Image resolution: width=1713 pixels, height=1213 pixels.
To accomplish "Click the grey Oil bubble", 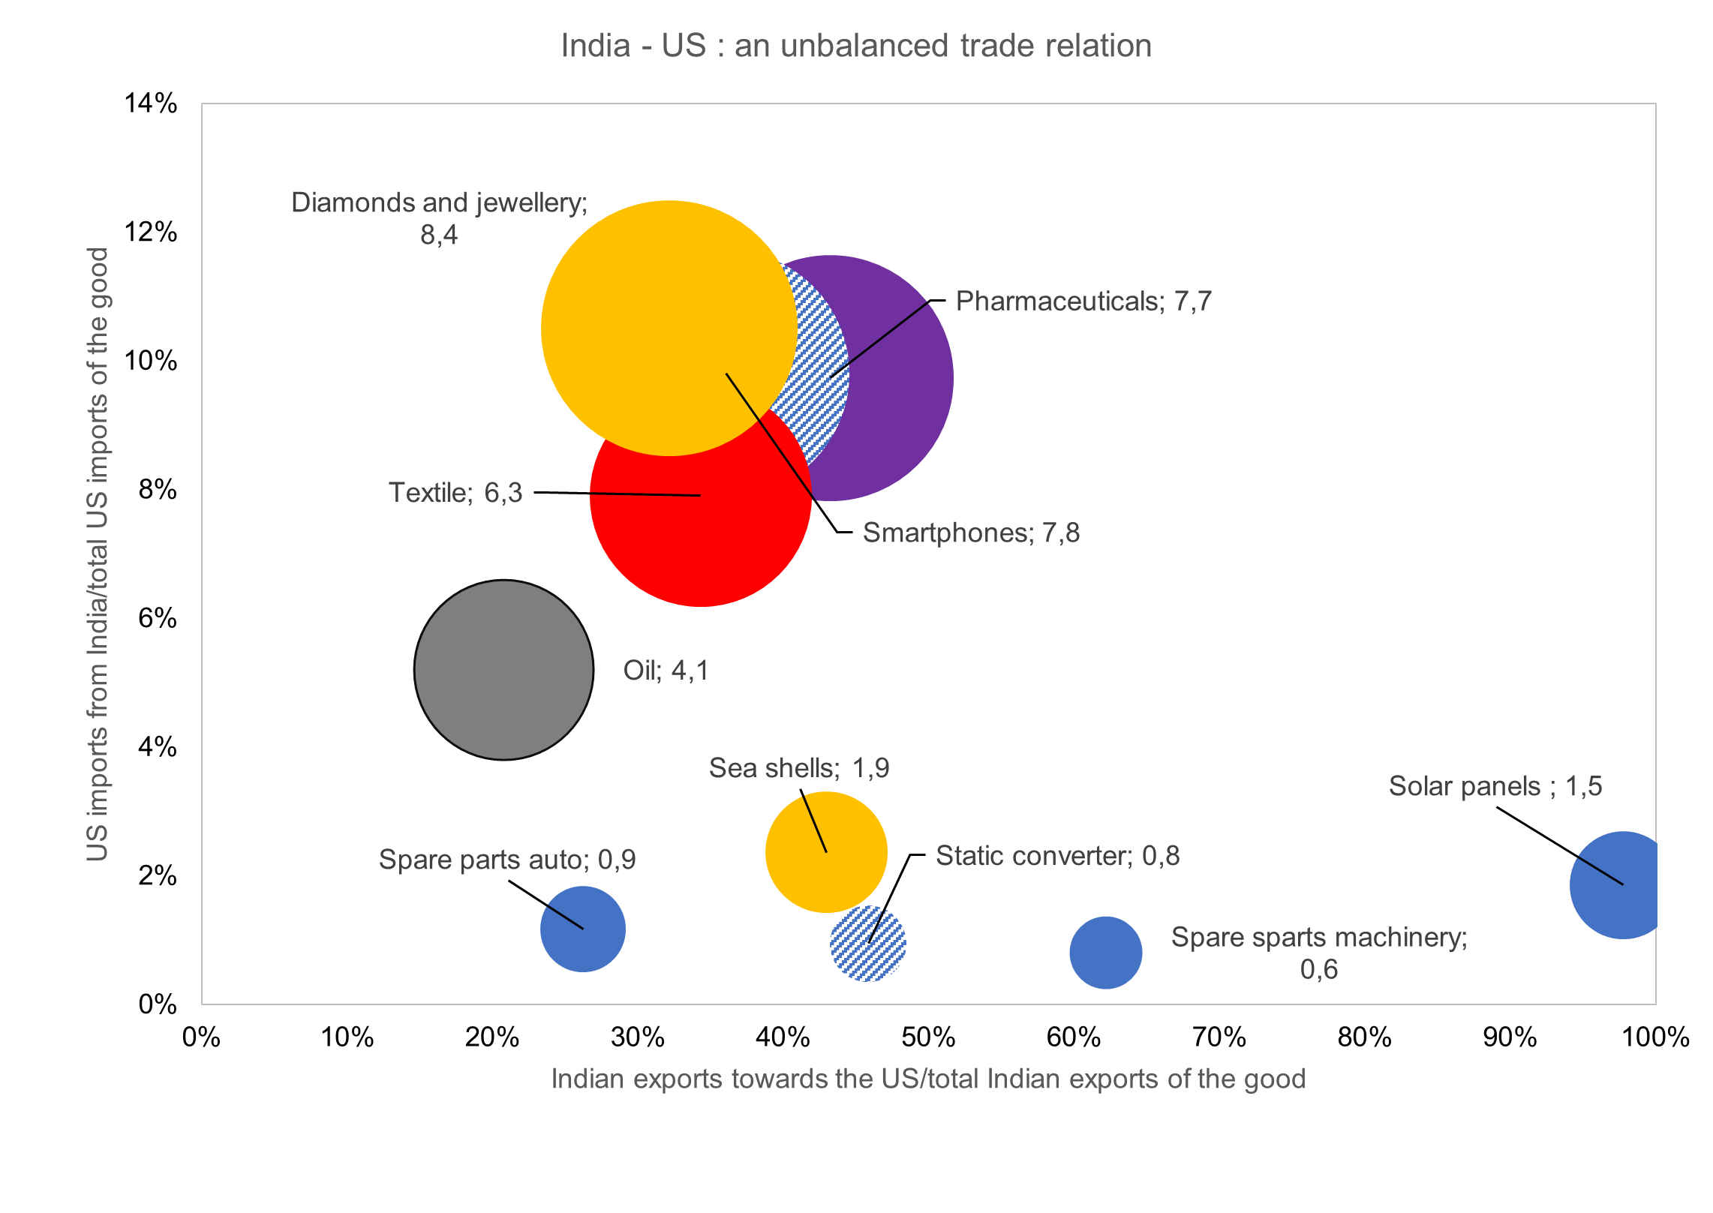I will point(503,670).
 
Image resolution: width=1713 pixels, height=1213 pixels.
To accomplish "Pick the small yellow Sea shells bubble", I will point(825,851).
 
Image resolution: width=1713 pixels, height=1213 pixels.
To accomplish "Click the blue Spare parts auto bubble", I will point(583,929).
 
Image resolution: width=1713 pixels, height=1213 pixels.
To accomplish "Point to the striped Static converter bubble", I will point(868,944).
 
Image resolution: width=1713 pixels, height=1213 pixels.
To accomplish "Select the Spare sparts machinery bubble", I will point(1105,953).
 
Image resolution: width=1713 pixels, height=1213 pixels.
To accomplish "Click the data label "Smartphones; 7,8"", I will point(971,533).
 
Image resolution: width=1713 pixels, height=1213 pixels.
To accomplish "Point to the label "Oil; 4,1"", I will point(666,670).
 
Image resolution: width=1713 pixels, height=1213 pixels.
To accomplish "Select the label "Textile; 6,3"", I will point(455,493).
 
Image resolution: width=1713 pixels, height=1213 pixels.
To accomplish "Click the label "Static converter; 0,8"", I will point(1057,855).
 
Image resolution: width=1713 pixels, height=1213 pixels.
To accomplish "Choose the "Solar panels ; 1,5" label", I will point(1495,786).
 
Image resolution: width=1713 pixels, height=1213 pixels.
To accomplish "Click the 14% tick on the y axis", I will point(151,104).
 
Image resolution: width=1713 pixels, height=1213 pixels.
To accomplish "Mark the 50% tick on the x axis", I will point(928,1037).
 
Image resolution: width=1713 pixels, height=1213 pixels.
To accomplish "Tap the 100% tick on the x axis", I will point(1654,1037).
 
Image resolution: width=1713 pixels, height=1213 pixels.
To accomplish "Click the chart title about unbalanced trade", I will point(856,46).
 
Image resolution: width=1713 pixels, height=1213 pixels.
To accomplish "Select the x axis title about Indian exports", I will point(928,1079).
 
